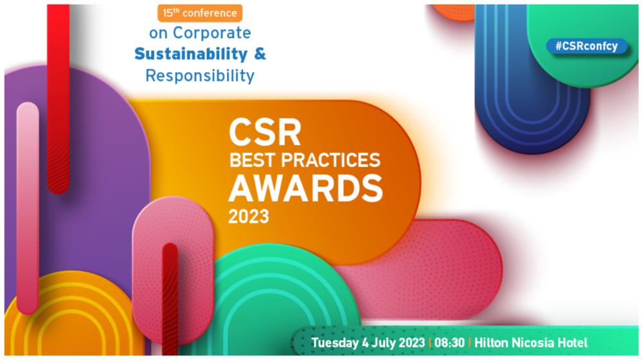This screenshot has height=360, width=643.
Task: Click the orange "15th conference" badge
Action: point(200,13)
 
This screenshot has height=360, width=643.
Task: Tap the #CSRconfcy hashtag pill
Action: point(586,46)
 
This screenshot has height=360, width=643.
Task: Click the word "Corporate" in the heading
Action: point(212,33)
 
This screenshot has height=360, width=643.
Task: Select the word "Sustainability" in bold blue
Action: point(191,54)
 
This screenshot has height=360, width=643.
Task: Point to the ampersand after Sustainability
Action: point(260,54)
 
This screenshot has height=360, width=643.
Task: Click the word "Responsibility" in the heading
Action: point(200,76)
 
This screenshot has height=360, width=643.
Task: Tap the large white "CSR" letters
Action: point(265,132)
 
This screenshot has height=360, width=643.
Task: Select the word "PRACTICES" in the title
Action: point(331,160)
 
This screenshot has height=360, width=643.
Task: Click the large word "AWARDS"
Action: point(305,188)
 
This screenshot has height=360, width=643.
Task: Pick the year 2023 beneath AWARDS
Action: point(248,217)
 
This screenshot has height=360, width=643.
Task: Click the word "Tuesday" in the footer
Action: point(334,343)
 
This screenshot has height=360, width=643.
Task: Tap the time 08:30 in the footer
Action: point(449,343)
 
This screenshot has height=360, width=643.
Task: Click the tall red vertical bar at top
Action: point(59,98)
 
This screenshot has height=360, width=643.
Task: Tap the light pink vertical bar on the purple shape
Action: point(28,208)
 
